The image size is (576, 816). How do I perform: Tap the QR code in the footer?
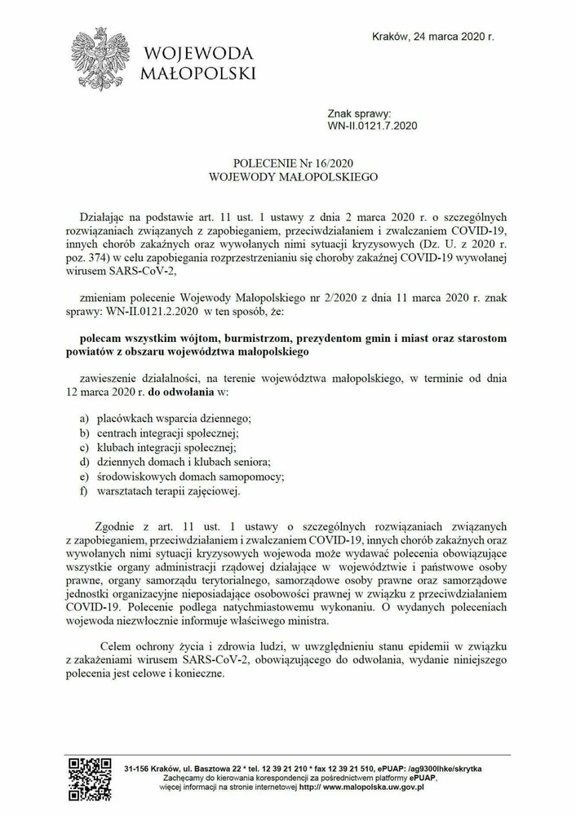pos(89,778)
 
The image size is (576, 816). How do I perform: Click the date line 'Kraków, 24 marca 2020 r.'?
pos(432,37)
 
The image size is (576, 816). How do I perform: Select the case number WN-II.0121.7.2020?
pos(372,126)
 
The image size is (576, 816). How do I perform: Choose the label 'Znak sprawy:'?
pos(360,113)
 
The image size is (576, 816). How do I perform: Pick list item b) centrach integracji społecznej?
pos(167,432)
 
